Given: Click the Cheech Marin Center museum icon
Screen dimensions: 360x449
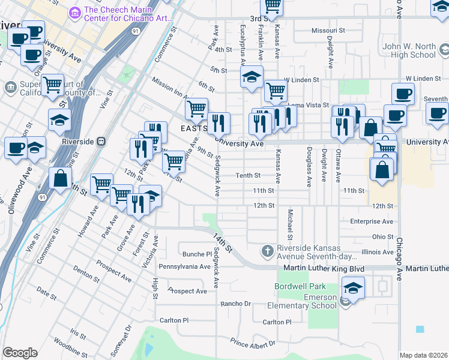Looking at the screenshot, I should [76, 12].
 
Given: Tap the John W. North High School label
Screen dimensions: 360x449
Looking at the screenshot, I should [409, 50].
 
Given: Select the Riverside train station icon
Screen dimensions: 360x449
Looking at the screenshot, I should [101, 142].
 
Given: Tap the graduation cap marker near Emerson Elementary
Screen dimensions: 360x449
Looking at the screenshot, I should [354, 289].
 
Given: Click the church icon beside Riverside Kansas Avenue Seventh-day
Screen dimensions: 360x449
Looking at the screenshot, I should [268, 250].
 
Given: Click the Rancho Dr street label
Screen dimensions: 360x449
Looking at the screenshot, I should [235, 304].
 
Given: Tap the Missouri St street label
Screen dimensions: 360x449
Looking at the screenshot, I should [328, 30].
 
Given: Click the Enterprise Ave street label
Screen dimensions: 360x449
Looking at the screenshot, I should [372, 221].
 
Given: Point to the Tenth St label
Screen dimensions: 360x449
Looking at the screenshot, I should [247, 176].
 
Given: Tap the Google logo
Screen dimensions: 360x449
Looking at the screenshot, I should [20, 353].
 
